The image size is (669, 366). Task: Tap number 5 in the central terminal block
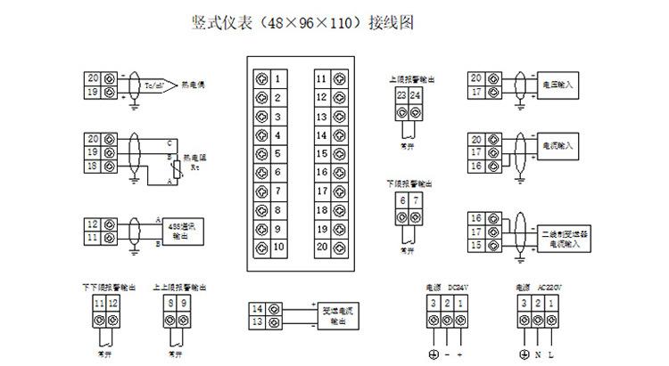click(278, 154)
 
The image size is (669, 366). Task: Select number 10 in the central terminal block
click(278, 247)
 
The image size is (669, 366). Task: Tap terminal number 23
click(402, 95)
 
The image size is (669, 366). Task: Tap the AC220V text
click(550, 287)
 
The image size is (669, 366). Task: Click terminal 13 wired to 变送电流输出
click(257, 322)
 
